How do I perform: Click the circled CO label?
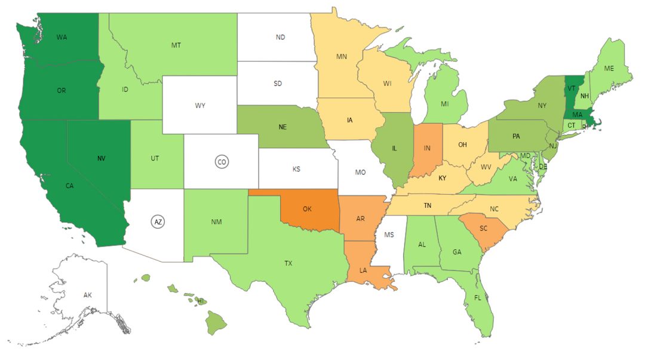(222, 162)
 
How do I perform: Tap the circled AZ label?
(158, 221)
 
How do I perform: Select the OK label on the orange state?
(307, 210)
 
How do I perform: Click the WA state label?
(62, 37)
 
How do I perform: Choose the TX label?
(288, 262)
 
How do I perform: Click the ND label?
(280, 37)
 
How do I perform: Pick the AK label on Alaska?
(88, 295)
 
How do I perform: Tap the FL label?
(478, 297)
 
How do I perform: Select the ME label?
(609, 69)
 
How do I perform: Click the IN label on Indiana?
(428, 147)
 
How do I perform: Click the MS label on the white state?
(389, 235)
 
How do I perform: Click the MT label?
(176, 45)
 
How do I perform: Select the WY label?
(200, 106)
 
